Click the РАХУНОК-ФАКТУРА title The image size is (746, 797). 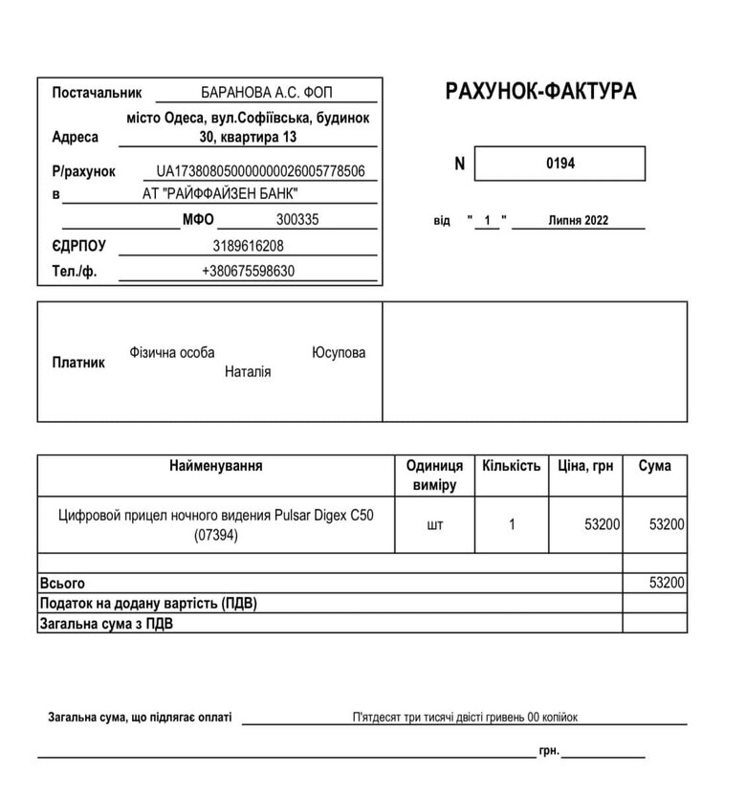point(540,92)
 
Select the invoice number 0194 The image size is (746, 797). point(560,164)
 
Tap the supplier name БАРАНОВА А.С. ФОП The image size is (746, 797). point(267,93)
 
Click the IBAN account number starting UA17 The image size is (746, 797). point(261,171)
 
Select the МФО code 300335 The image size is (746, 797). point(297,219)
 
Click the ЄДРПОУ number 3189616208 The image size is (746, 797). point(248,246)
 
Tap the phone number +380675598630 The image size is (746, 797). point(248,271)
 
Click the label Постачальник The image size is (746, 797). point(97,93)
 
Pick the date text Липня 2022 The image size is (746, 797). point(579,221)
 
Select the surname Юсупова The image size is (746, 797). point(339,353)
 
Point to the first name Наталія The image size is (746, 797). point(248,371)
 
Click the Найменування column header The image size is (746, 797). point(215,466)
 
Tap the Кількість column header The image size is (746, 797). point(512,466)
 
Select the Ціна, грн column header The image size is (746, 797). point(585,466)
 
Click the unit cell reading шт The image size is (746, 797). point(435,524)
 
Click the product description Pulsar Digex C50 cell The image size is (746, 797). point(215,525)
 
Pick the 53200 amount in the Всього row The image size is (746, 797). point(667,583)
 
